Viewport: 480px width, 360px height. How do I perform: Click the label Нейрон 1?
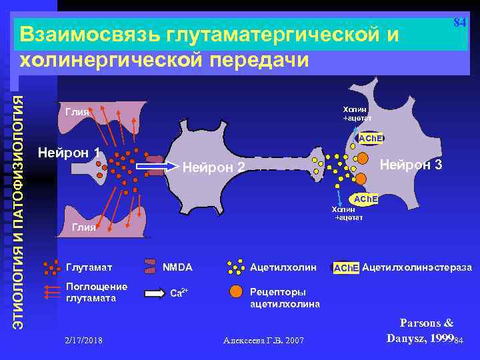[x=69, y=153]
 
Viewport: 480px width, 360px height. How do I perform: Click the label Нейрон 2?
[x=214, y=167]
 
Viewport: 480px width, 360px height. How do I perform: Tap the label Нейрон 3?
[x=411, y=164]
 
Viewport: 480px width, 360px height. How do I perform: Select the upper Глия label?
[x=77, y=112]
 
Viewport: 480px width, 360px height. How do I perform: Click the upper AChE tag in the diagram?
[x=370, y=138]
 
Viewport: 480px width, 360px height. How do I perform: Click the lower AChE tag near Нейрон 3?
[x=365, y=199]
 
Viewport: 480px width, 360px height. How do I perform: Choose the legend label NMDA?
[x=177, y=267]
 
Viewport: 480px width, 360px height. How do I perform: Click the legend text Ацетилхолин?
[x=283, y=267]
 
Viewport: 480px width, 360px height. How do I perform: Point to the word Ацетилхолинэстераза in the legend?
[x=417, y=267]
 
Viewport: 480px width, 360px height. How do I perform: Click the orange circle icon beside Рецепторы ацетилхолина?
[x=235, y=291]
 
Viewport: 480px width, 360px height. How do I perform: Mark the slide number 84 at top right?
[x=459, y=22]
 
